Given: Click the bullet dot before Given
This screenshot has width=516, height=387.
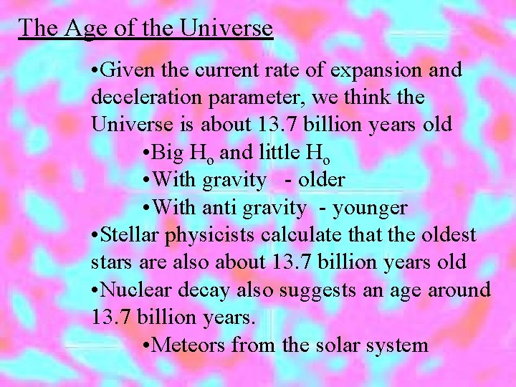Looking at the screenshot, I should click(96, 70).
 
